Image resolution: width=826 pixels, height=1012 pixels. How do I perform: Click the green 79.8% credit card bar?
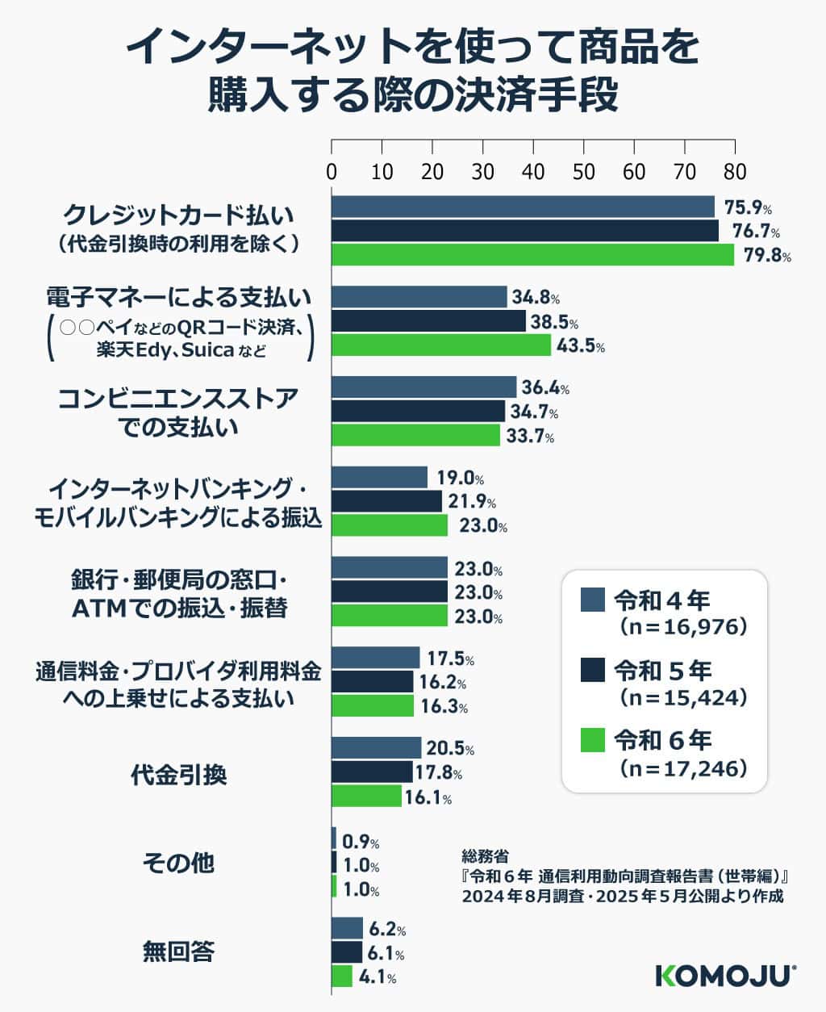[x=532, y=255]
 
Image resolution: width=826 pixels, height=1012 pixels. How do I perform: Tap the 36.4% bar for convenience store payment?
[x=423, y=387]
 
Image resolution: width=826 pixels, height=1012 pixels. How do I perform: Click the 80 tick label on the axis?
[x=735, y=172]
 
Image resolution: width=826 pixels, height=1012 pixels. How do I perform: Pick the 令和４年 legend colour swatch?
[x=593, y=601]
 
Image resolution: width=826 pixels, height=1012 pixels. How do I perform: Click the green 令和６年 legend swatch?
[x=593, y=740]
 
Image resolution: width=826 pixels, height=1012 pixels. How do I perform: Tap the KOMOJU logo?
[x=725, y=974]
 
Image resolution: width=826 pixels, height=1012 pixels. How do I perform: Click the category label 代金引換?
[x=179, y=775]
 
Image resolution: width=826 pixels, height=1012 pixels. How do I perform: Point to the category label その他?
[x=179, y=864]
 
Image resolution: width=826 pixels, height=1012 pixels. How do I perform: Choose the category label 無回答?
[x=179, y=952]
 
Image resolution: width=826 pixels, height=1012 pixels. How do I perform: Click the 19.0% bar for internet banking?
[x=379, y=478]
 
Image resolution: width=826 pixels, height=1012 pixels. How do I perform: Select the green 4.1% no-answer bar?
[x=342, y=977]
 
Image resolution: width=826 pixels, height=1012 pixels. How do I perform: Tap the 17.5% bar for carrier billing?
[x=376, y=658]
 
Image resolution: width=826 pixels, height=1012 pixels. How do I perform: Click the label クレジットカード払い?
[x=179, y=216]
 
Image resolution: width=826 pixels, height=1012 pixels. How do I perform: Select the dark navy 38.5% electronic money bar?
[x=428, y=322]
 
